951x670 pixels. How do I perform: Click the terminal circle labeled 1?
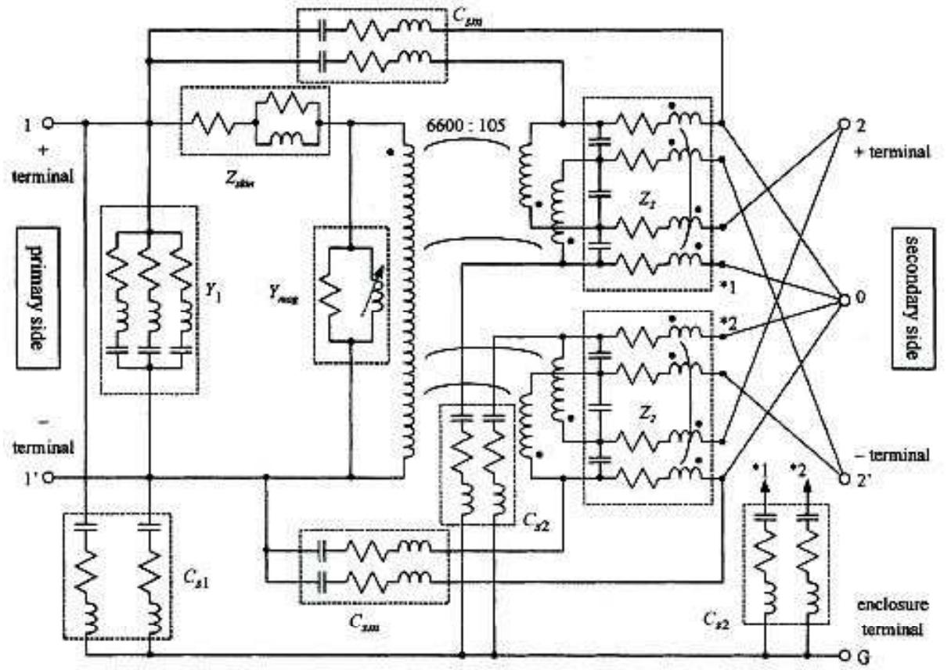[47, 123]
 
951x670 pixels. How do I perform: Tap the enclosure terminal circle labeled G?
[845, 655]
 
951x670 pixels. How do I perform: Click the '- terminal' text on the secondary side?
[900, 455]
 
